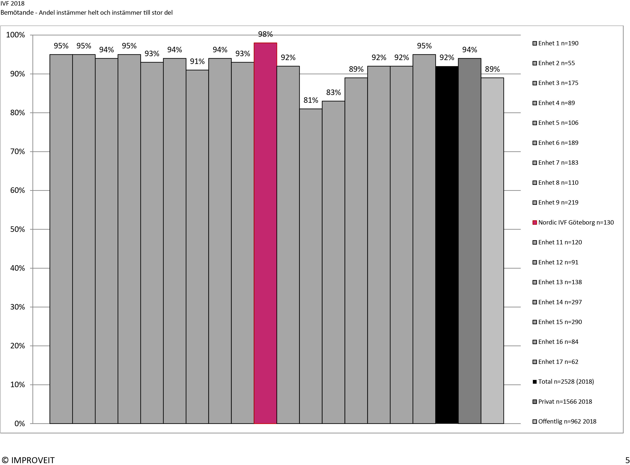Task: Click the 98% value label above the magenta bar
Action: point(265,34)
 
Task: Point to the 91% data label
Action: point(197,61)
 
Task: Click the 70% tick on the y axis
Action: point(17,152)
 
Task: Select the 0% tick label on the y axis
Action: point(19,424)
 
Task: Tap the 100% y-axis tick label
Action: point(16,35)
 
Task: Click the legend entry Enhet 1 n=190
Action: point(558,43)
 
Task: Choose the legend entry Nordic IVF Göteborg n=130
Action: point(576,222)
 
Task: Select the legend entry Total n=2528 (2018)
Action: point(566,381)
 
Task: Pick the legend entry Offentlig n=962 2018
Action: point(567,421)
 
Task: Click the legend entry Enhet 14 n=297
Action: point(560,302)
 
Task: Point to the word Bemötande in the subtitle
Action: point(17,13)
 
